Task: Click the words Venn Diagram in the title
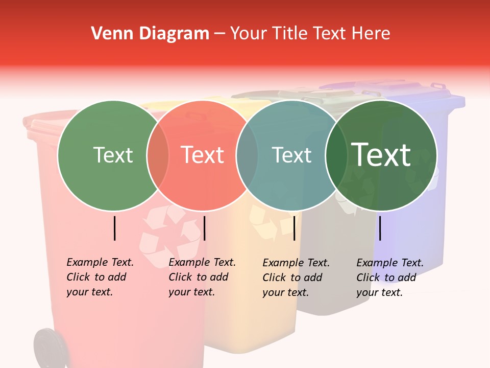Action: click(150, 34)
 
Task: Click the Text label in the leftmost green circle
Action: click(113, 155)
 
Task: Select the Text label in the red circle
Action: click(203, 155)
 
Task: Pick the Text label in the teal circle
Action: click(291, 155)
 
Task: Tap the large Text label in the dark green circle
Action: click(381, 154)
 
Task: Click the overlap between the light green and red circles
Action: click(158, 155)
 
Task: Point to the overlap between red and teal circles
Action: click(247, 155)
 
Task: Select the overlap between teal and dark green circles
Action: click(336, 155)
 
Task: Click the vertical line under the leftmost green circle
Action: click(115, 228)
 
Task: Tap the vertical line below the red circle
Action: click(204, 228)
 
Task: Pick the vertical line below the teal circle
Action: click(295, 228)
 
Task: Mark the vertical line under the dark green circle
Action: click(380, 228)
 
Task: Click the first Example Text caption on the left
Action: click(100, 277)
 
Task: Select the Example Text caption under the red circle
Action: click(202, 277)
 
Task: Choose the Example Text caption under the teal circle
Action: click(296, 278)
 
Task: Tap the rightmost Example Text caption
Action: click(389, 278)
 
